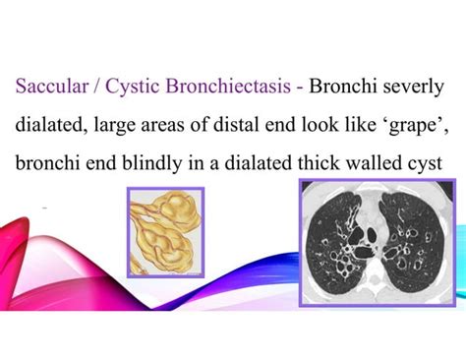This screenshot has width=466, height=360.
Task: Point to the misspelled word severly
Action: click(412, 85)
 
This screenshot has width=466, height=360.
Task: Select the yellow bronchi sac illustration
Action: click(164, 232)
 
